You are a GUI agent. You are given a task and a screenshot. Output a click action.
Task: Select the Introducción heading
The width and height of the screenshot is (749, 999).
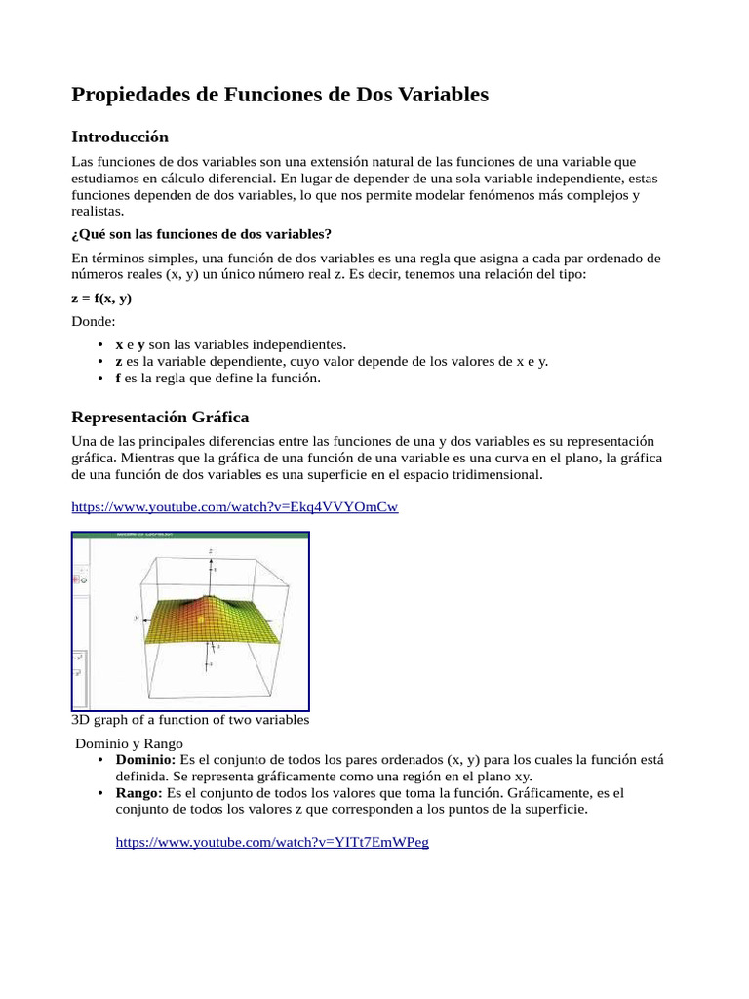[120, 137]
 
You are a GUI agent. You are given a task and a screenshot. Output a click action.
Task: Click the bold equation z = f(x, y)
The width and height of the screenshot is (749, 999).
[101, 299]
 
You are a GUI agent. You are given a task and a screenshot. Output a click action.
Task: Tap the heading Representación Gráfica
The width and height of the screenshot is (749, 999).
[160, 418]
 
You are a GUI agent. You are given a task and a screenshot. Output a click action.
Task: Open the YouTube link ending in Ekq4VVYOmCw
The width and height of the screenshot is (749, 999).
[235, 507]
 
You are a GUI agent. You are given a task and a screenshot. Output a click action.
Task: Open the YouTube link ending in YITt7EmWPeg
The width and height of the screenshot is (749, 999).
[272, 842]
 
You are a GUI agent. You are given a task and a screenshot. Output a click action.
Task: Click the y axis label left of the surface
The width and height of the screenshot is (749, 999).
[138, 618]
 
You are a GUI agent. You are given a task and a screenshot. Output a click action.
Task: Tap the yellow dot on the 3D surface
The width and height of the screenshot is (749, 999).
[200, 619]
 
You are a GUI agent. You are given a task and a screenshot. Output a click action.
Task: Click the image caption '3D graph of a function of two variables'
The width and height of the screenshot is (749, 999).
[190, 720]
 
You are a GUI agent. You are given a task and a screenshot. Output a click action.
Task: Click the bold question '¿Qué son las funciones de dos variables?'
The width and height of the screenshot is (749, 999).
[202, 234]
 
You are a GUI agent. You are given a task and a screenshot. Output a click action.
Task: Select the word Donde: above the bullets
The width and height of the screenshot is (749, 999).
[94, 321]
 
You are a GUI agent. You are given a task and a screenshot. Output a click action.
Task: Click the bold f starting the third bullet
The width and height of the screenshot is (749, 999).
[118, 378]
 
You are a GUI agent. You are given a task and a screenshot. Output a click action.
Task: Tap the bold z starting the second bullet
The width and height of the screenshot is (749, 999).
[119, 361]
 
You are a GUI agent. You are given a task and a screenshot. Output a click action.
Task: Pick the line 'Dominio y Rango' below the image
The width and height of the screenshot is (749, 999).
[130, 743]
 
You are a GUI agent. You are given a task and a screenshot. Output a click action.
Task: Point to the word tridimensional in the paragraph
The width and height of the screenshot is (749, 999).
[495, 474]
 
